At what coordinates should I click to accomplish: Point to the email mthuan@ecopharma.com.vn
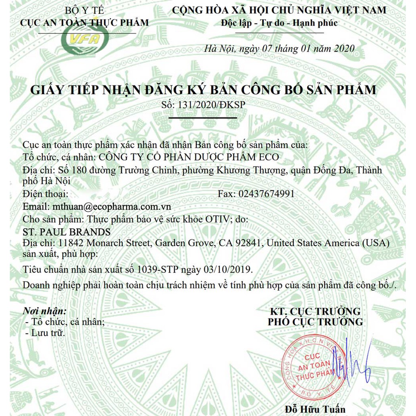pyautogui.click(x=110, y=206)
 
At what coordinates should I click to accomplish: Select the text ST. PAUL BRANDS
pyautogui.click(x=68, y=232)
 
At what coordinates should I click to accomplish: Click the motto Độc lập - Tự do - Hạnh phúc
pyautogui.click(x=279, y=23)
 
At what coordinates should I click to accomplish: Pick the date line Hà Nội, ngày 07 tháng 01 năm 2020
pyautogui.click(x=279, y=49)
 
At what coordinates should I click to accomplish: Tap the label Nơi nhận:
pyautogui.click(x=45, y=311)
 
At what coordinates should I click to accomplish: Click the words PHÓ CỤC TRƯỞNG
pyautogui.click(x=315, y=322)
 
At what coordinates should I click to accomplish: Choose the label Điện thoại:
pyautogui.click(x=43, y=194)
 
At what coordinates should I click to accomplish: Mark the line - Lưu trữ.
pyautogui.click(x=45, y=333)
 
